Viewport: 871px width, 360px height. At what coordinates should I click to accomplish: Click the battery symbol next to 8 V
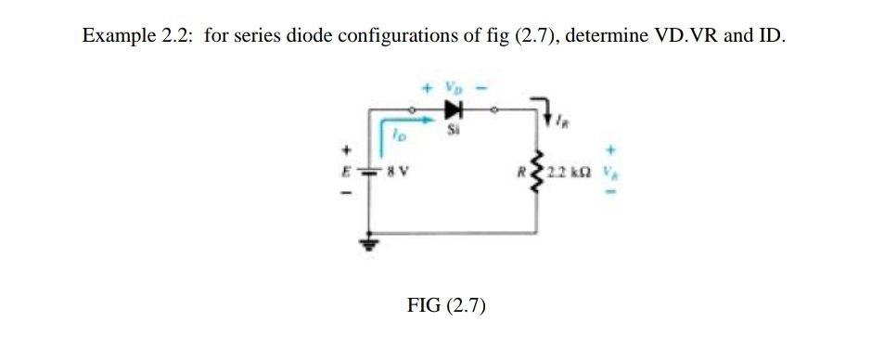372,172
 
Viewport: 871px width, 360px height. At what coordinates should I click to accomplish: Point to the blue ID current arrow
408,119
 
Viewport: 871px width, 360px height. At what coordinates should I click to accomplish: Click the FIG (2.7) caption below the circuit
447,305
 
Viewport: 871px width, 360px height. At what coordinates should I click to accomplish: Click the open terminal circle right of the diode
495,108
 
